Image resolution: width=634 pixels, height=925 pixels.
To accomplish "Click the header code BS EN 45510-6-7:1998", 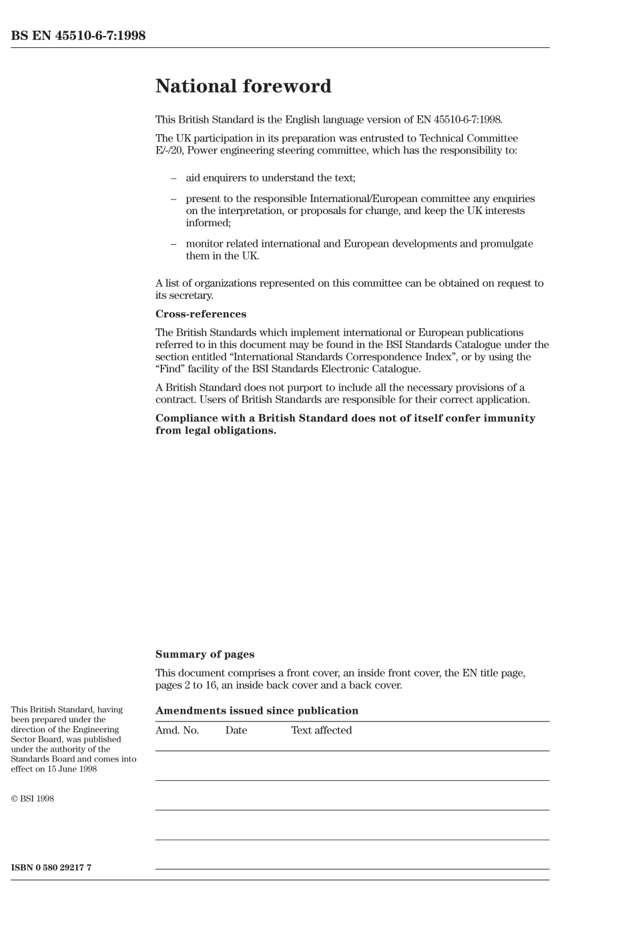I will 78,36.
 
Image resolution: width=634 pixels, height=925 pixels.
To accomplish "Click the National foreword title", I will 243,87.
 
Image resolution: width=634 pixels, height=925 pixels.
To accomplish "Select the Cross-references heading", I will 200,314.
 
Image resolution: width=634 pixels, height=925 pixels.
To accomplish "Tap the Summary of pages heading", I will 204,655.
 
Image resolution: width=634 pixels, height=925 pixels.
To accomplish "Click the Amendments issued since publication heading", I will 256,711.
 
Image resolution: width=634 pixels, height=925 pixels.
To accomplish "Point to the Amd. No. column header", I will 177,730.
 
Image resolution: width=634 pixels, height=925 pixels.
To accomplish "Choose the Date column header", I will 236,730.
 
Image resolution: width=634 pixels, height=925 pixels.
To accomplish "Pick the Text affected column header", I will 321,730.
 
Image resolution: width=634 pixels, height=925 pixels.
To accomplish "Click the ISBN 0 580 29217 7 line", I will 51,868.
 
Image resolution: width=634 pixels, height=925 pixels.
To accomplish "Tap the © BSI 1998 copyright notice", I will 32,798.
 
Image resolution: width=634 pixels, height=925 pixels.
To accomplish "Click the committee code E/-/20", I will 170,151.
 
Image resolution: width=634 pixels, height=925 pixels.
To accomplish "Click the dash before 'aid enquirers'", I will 174,178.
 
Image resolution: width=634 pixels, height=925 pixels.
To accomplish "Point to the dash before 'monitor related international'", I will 174,244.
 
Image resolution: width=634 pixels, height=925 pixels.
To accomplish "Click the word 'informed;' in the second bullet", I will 208,223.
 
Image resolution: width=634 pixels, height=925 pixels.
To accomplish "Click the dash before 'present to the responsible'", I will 174,199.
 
